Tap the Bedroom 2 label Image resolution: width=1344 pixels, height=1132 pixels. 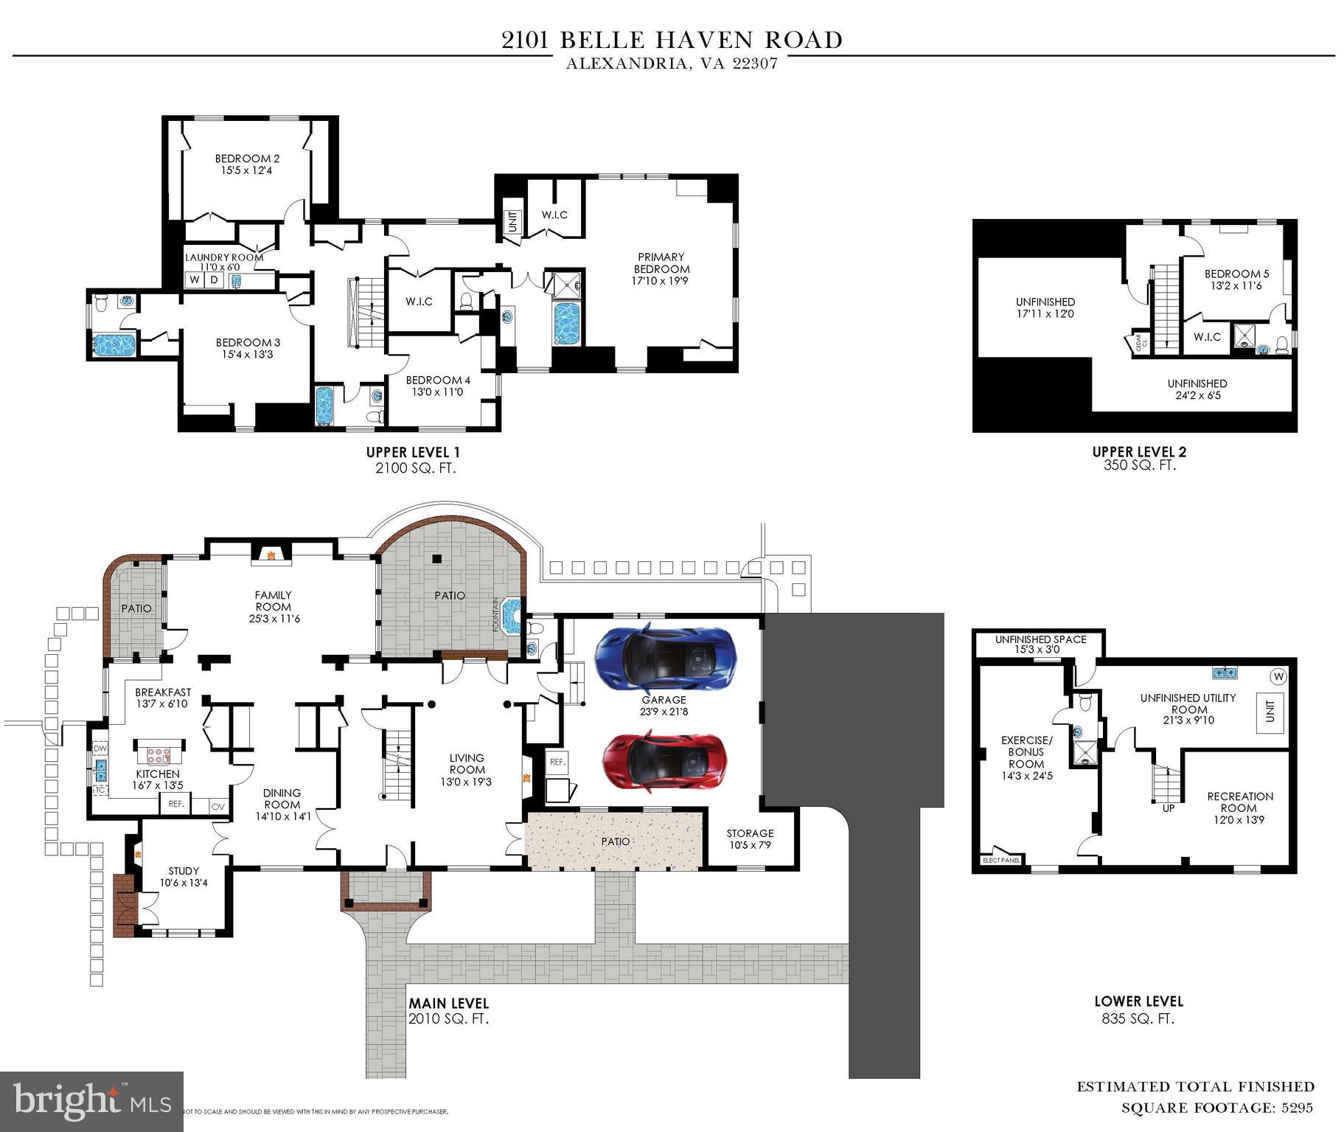click(247, 159)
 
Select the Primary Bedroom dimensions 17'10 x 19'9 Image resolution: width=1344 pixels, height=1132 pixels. click(660, 281)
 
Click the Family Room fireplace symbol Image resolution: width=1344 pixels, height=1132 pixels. click(271, 554)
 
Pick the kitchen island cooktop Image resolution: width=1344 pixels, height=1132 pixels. click(159, 754)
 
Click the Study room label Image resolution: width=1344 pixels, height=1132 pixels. click(184, 871)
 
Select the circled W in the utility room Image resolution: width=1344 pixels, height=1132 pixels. click(1278, 676)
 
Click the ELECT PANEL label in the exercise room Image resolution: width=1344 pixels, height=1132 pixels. click(1001, 860)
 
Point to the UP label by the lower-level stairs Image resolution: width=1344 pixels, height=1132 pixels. click(1169, 808)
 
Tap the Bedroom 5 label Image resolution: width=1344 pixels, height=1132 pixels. click(1237, 274)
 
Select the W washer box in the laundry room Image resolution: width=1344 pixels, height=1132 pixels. click(195, 279)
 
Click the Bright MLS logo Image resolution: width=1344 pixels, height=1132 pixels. click(91, 1101)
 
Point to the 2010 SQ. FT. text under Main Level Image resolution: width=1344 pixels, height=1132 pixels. click(448, 1019)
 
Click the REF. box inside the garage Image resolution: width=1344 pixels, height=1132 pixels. click(557, 762)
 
